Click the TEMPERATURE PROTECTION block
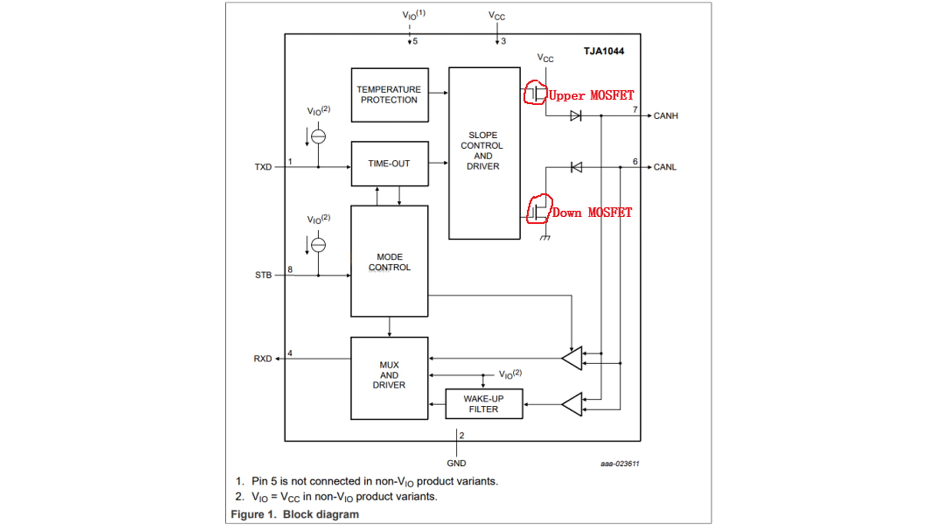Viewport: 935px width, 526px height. tap(390, 95)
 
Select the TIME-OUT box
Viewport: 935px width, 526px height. tap(390, 164)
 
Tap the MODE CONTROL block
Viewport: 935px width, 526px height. tap(390, 262)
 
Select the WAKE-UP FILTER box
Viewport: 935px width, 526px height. tap(484, 404)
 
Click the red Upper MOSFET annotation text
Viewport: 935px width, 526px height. tap(591, 95)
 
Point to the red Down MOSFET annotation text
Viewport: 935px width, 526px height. tap(592, 213)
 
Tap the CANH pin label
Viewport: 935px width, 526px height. tap(665, 116)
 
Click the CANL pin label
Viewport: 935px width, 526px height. tap(665, 167)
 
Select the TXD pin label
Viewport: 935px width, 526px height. tap(263, 167)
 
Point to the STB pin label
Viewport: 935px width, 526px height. tap(263, 275)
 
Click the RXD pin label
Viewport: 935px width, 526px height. tap(262, 359)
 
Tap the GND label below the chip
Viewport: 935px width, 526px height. tap(456, 463)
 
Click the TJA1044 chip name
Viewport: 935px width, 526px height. tap(604, 51)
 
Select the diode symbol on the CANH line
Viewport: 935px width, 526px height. tap(576, 116)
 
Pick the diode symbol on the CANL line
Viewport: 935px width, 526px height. tap(576, 168)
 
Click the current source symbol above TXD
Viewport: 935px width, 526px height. tap(318, 136)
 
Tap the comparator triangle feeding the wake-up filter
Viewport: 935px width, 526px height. tap(573, 404)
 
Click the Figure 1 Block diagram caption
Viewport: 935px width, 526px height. tap(295, 514)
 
